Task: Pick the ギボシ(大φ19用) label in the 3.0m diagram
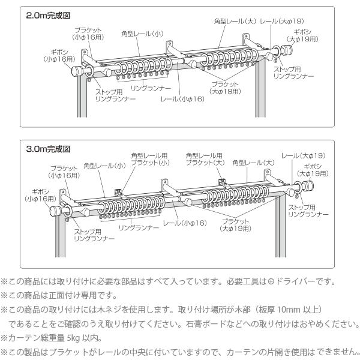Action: [x=316, y=169]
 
